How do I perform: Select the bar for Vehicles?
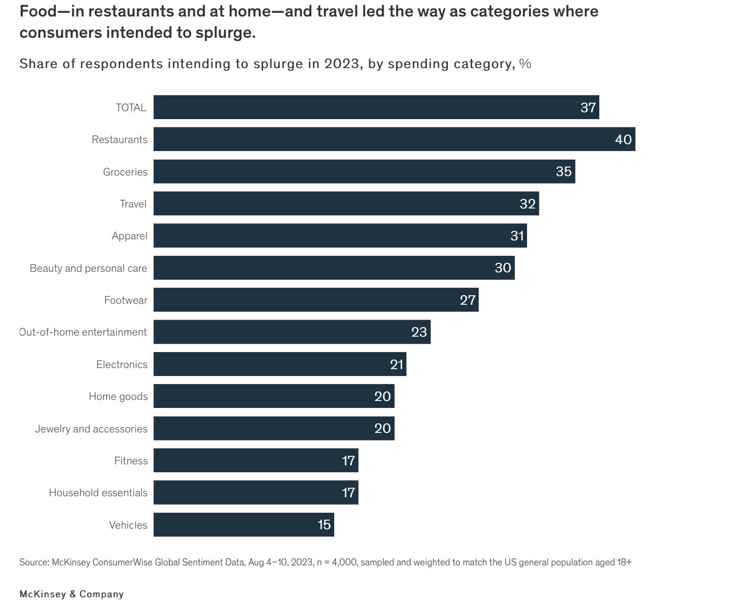pyautogui.click(x=244, y=525)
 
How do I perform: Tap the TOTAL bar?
pyautogui.click(x=376, y=107)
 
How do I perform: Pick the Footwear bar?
pyautogui.click(x=316, y=300)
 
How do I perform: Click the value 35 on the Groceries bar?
pyautogui.click(x=564, y=171)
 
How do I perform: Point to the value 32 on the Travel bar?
pyautogui.click(x=528, y=204)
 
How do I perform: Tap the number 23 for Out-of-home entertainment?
pyautogui.click(x=419, y=332)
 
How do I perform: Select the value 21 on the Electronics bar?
pyautogui.click(x=396, y=364)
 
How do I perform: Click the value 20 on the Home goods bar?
pyautogui.click(x=383, y=396)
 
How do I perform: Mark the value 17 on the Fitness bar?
pyautogui.click(x=349, y=461)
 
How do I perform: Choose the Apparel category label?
pyautogui.click(x=130, y=236)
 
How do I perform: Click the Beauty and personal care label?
pyautogui.click(x=88, y=268)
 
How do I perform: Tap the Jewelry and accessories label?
pyautogui.click(x=91, y=429)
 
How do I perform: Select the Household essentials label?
pyautogui.click(x=98, y=493)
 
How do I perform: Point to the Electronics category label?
pyautogui.click(x=122, y=364)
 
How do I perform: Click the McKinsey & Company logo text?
pyautogui.click(x=72, y=594)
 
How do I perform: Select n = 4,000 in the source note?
pyautogui.click(x=336, y=562)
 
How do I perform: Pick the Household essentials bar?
pyautogui.click(x=256, y=493)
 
